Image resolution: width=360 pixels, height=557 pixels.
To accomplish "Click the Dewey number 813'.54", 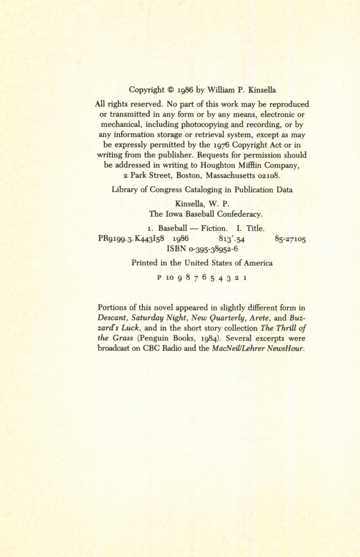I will point(226,239).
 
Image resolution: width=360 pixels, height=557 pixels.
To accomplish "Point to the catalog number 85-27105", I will point(290,239).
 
